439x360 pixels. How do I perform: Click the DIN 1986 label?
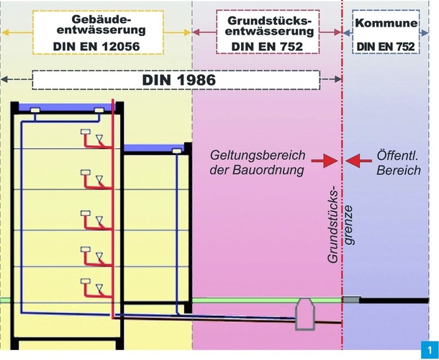click(x=176, y=79)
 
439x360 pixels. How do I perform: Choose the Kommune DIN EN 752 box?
click(x=386, y=33)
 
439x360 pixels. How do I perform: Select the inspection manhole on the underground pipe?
click(x=304, y=314)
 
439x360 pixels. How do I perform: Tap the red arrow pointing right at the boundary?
click(x=326, y=160)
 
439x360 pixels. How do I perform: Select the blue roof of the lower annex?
click(x=155, y=150)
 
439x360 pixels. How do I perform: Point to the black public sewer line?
click(x=396, y=300)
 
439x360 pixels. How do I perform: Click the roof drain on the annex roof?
click(x=176, y=150)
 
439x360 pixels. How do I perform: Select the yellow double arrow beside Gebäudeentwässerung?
click(x=21, y=33)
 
